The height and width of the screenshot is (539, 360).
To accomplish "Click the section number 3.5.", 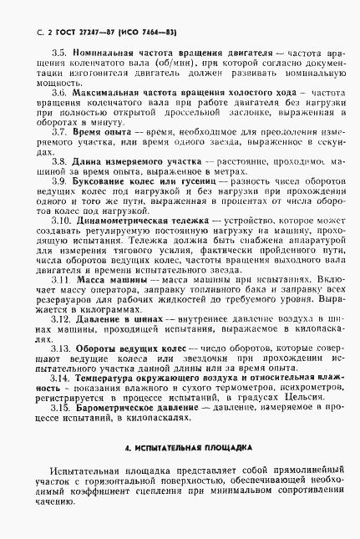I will click(58, 52).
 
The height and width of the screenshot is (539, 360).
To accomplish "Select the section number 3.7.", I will click(58, 132).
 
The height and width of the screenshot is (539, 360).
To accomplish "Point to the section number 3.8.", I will click(58, 162).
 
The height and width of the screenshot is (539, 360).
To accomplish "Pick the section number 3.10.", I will click(61, 221).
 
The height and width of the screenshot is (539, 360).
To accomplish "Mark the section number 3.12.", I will click(61, 321).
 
